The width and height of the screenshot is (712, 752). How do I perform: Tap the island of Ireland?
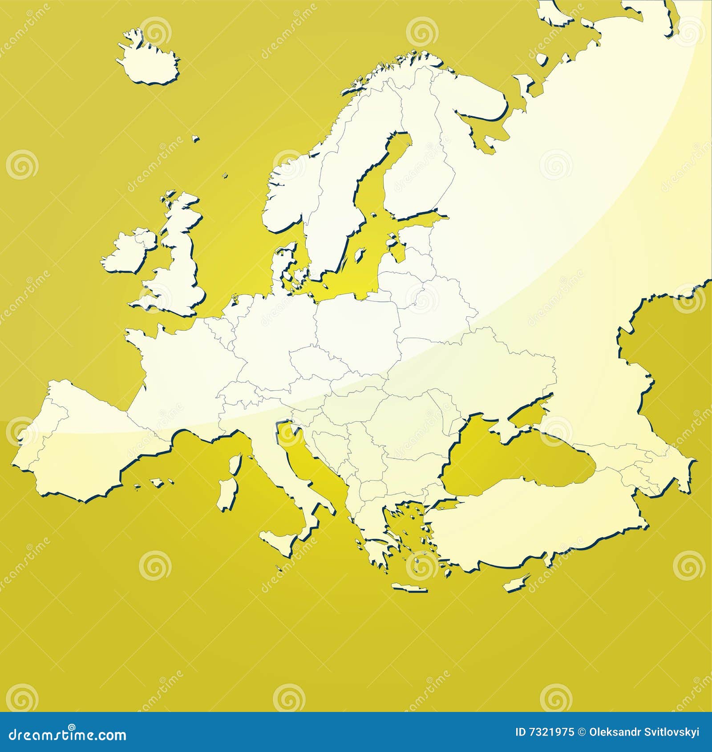pos(129,252)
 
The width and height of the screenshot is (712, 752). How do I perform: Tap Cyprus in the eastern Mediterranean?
pos(516,583)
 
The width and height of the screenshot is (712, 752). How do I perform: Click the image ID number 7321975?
pos(545,732)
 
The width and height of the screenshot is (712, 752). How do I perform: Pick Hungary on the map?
pos(352,400)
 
